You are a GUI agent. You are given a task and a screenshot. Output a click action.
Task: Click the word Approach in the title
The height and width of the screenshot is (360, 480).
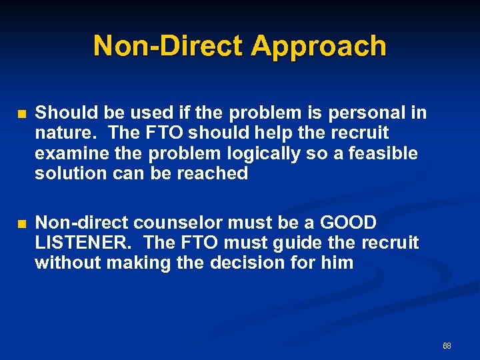point(319,47)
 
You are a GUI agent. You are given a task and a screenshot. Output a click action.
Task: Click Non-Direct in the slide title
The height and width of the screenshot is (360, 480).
point(169,47)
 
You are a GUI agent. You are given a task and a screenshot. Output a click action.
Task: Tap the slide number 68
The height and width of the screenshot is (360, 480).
point(447,346)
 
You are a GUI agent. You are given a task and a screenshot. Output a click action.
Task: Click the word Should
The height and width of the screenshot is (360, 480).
point(62,113)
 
